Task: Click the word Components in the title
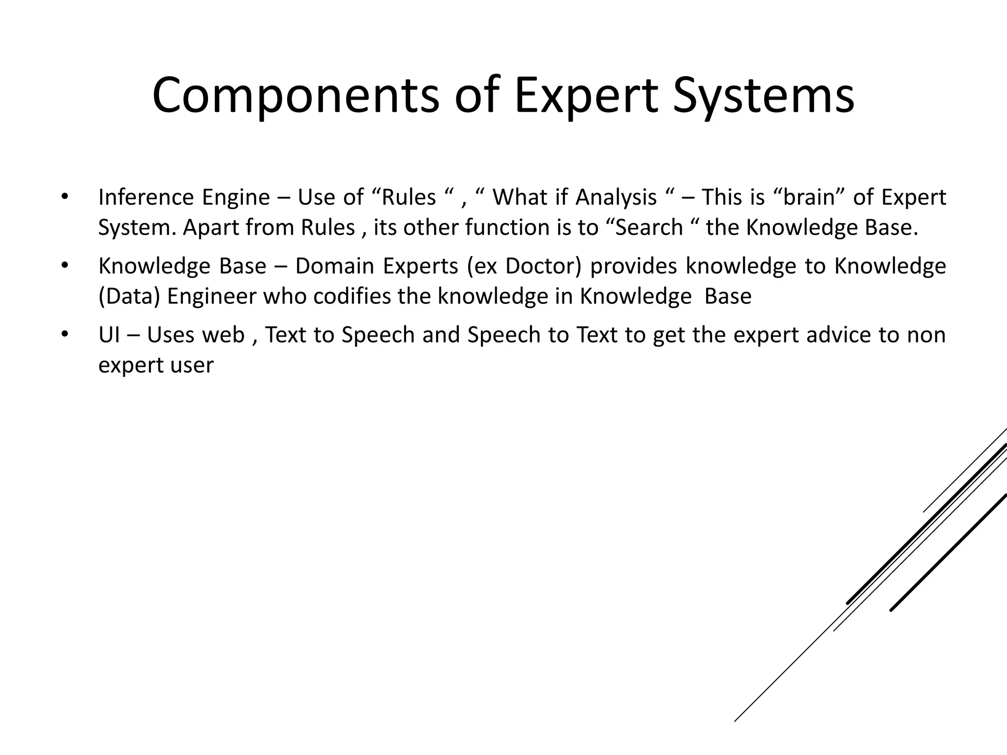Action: [296, 96]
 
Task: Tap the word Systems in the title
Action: [764, 96]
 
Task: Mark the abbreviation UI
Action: [109, 335]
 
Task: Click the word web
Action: [223, 335]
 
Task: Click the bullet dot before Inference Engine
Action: [63, 198]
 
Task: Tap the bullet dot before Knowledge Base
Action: [63, 266]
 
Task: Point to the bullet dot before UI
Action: [63, 335]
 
